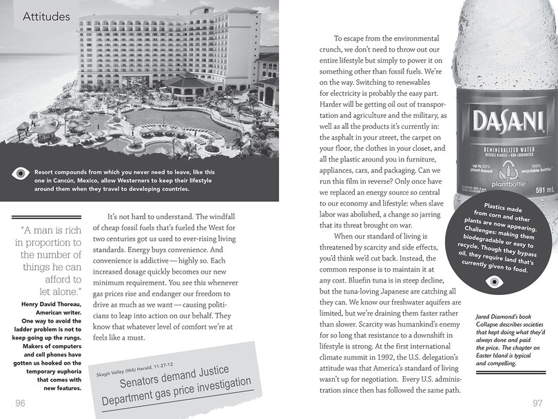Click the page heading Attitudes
click(x=47, y=15)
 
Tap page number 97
click(x=538, y=402)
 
